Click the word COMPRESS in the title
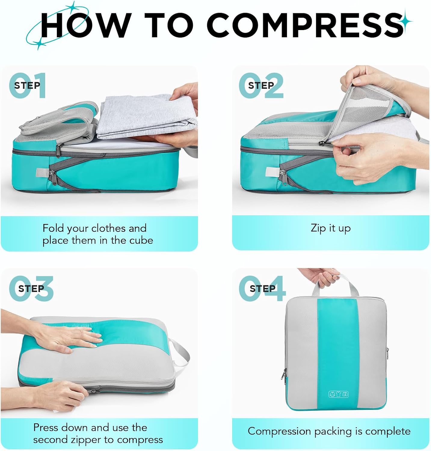click(305, 25)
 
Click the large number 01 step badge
click(27, 85)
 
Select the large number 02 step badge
click(261, 85)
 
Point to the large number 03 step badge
click(31, 289)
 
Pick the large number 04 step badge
click(262, 289)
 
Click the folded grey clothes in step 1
click(144, 117)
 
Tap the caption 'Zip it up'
click(331, 228)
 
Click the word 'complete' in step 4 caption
click(388, 431)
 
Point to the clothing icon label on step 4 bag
click(338, 394)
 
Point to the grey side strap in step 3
click(180, 355)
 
